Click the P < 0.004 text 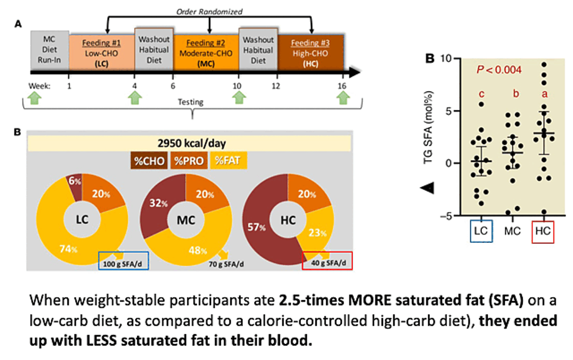point(499,70)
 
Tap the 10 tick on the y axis point(446,58)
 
